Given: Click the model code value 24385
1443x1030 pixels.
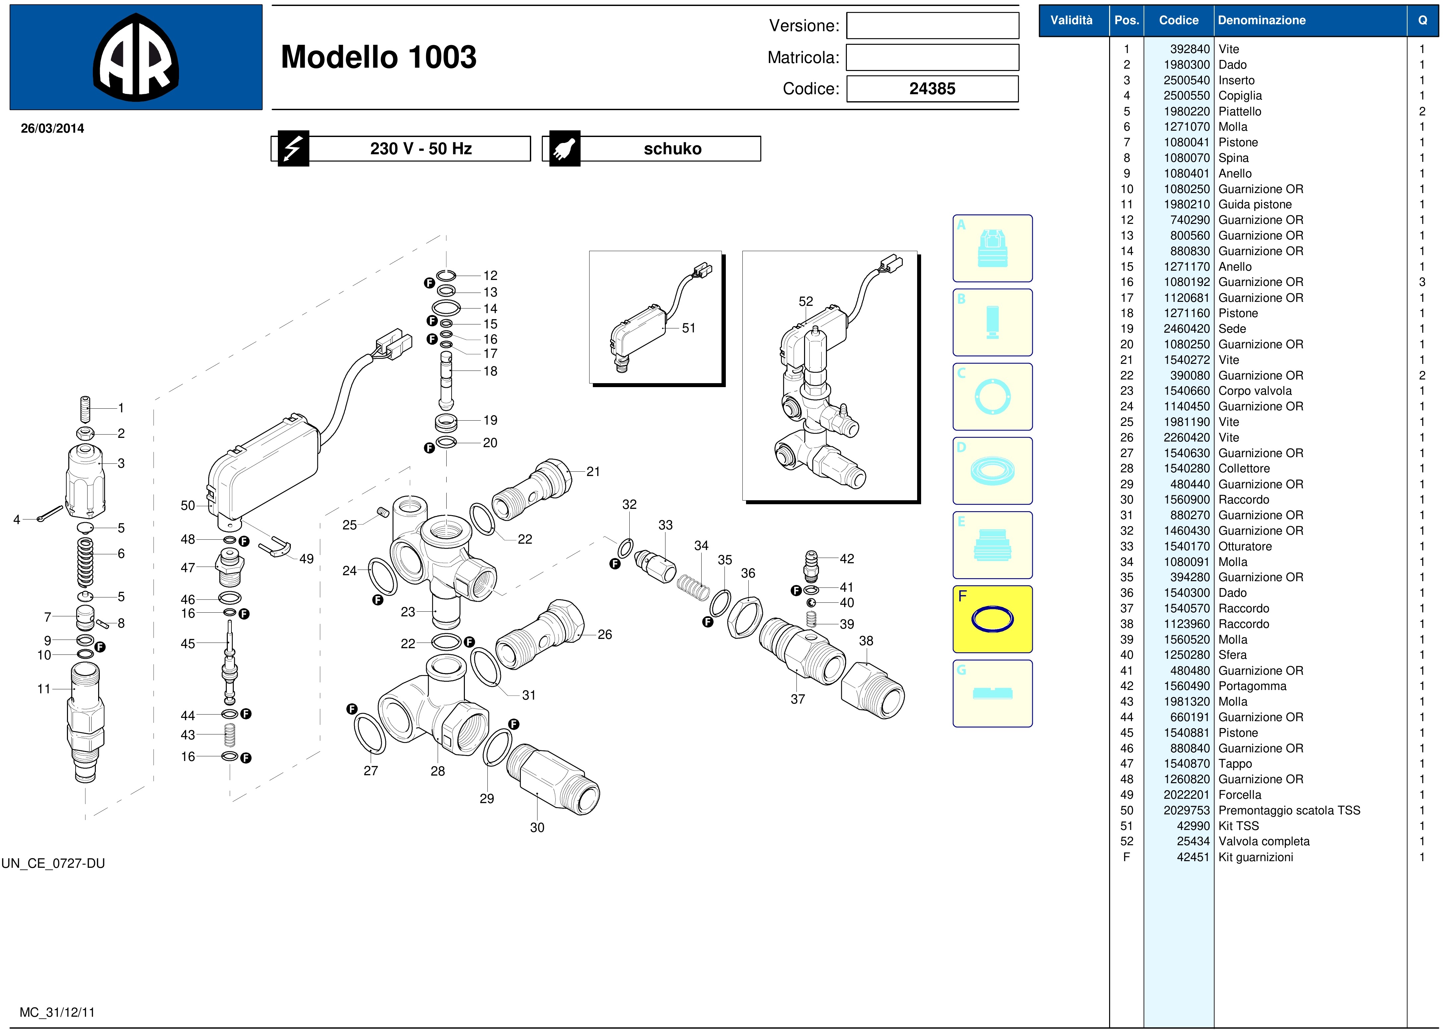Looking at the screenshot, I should tap(932, 89).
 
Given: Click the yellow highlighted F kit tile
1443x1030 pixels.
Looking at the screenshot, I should tap(992, 619).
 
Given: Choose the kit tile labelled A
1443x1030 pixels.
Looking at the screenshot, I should tap(992, 248).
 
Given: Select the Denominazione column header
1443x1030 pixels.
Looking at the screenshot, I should tap(1262, 20).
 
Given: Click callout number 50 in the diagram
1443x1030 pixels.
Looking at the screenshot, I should tap(188, 506).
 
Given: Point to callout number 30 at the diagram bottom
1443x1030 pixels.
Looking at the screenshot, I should tap(537, 828).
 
